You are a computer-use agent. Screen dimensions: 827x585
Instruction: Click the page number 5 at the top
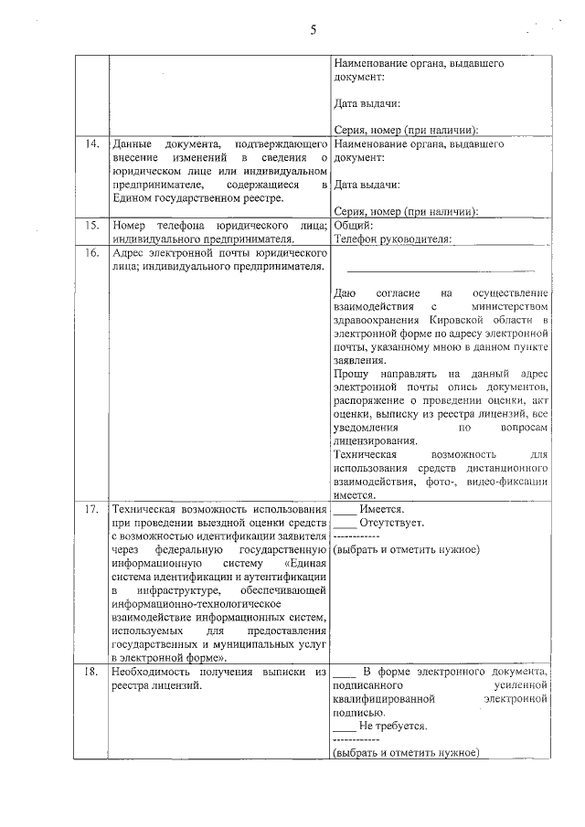pos(313,30)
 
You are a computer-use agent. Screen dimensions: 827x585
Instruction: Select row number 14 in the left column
pos(90,144)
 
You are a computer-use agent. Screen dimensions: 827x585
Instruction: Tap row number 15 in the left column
pos(90,225)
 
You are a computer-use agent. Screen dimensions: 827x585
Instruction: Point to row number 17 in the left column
pos(90,509)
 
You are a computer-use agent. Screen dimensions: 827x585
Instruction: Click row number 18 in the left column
pos(90,672)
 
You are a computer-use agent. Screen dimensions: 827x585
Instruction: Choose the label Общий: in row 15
pos(354,225)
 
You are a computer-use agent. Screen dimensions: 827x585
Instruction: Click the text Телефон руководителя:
pos(393,239)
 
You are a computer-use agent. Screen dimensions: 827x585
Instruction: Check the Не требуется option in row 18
pos(393,726)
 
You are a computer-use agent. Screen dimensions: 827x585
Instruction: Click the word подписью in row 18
pos(359,712)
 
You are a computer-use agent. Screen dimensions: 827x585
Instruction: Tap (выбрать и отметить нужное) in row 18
pos(406,752)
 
